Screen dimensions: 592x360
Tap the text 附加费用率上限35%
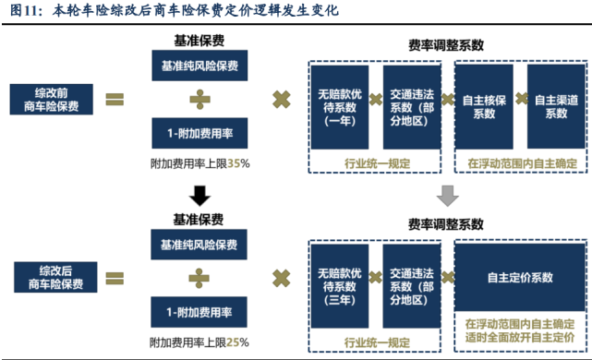199,163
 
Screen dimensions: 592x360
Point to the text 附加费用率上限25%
199,342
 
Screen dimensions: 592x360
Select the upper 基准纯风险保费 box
199,66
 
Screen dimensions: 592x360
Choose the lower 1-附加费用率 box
199,313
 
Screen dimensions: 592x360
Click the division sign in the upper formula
199,99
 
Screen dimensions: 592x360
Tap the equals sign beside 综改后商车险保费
115,277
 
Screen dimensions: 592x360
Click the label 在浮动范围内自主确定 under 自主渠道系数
521,163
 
